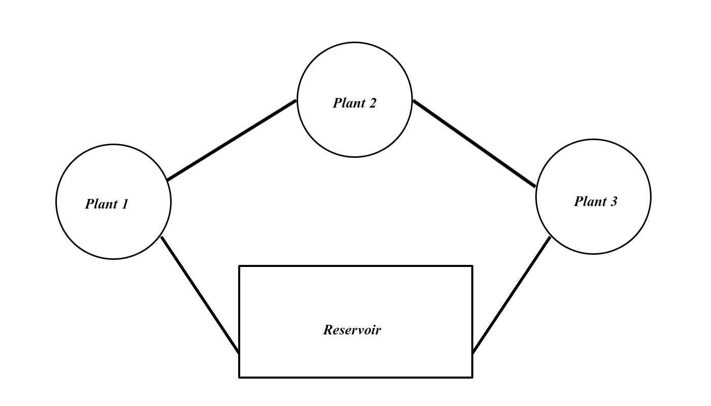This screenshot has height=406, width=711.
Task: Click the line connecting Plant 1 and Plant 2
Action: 232,141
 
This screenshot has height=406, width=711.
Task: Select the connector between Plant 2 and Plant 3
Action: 474,144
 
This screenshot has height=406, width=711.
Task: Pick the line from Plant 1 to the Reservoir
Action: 200,295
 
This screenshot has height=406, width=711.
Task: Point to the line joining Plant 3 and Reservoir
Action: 511,295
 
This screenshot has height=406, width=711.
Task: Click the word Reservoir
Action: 352,330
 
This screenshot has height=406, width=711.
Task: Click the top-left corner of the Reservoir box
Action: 240,266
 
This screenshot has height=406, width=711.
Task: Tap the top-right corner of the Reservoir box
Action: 472,266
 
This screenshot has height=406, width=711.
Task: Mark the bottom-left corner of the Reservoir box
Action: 240,377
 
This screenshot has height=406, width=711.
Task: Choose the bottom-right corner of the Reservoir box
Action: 472,377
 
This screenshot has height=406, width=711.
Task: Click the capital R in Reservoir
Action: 328,330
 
